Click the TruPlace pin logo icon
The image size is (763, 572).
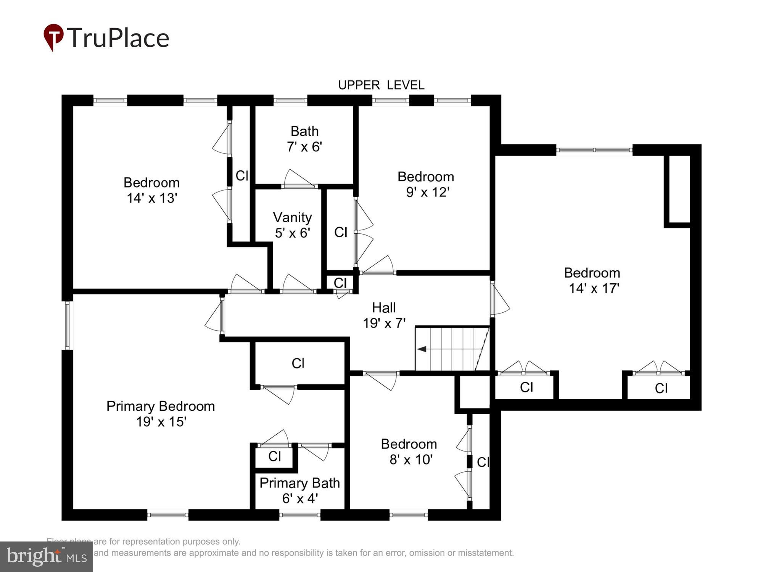click(x=53, y=37)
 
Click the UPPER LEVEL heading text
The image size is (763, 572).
click(x=381, y=85)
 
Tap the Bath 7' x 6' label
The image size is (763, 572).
click(x=304, y=139)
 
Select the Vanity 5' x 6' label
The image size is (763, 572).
click(x=292, y=225)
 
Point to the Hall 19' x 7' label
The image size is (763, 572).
click(x=384, y=315)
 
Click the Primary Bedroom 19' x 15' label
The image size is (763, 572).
click(x=161, y=414)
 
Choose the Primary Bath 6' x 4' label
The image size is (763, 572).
click(x=299, y=490)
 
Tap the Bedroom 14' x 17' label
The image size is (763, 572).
click(x=592, y=280)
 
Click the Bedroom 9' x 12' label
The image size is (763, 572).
click(x=426, y=184)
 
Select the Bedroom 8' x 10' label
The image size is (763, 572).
click(x=409, y=451)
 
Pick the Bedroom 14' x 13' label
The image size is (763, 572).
click(x=151, y=190)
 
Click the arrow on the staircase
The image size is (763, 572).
click(x=422, y=349)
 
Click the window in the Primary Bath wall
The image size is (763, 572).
click(x=299, y=515)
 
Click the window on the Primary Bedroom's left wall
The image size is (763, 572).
click(x=68, y=325)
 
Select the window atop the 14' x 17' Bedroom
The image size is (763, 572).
click(x=594, y=150)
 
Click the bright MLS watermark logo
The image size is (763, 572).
click(x=46, y=557)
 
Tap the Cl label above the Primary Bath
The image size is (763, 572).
click(x=275, y=456)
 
